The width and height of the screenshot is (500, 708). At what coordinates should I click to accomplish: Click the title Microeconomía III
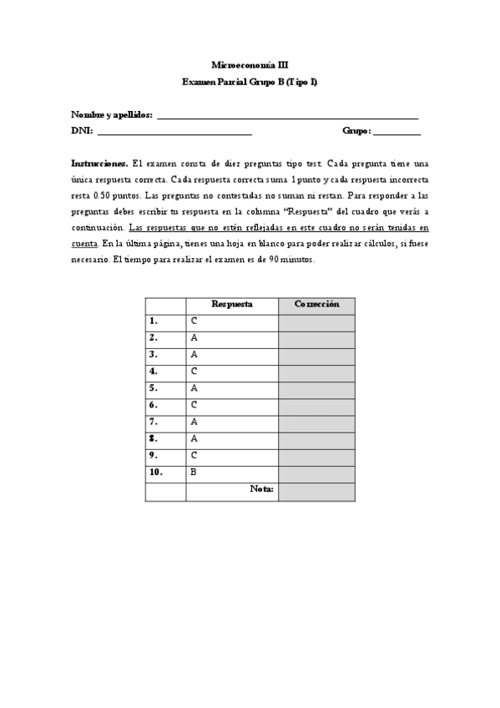point(250,64)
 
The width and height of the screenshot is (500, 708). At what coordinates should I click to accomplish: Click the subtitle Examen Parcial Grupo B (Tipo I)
point(250,82)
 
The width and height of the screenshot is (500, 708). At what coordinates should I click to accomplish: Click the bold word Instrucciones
point(99,164)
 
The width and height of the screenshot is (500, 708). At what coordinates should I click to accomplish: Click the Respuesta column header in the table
point(232,305)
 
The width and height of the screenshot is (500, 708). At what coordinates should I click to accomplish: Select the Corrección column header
point(316,305)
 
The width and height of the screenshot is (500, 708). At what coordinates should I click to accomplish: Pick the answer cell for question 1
point(232,321)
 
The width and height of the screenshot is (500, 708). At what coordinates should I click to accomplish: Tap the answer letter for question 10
point(194,472)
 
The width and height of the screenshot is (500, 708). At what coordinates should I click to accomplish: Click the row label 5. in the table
point(154,388)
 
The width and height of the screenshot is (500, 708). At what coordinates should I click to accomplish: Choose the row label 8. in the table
point(154,438)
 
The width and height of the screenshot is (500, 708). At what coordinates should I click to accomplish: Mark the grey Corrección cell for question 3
point(316,354)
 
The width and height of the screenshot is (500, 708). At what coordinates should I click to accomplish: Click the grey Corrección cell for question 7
point(316,422)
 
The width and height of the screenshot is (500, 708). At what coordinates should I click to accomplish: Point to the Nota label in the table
point(261,489)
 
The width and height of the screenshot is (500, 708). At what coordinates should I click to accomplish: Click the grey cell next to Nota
point(316,491)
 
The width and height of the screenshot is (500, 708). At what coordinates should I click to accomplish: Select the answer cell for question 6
point(232,405)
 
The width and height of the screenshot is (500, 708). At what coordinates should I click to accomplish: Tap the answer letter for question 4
point(194,371)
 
